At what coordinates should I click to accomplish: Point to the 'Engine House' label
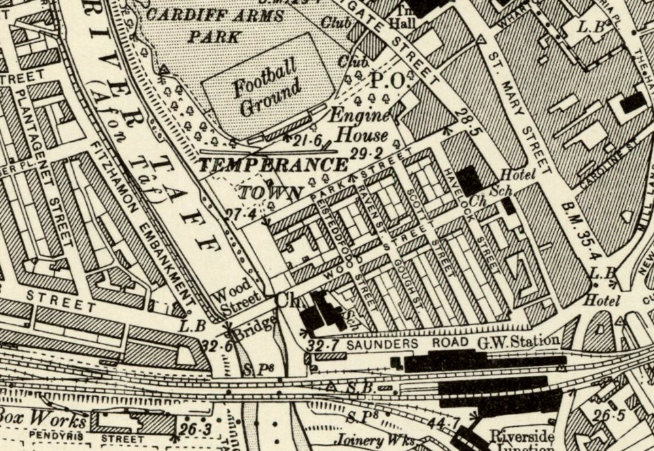[x=358, y=126]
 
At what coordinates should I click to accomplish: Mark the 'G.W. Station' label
[x=519, y=341]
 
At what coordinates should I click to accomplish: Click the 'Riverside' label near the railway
[x=523, y=436]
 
